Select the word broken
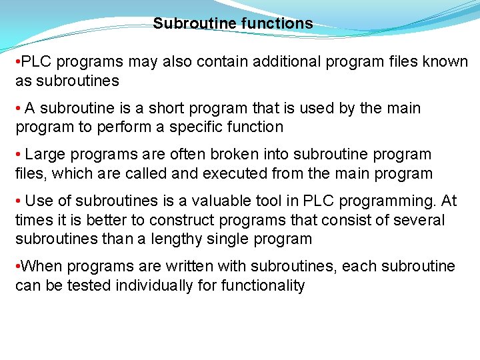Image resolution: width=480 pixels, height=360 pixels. (232, 155)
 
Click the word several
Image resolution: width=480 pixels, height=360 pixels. (419, 220)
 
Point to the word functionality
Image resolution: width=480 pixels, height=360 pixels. (262, 286)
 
